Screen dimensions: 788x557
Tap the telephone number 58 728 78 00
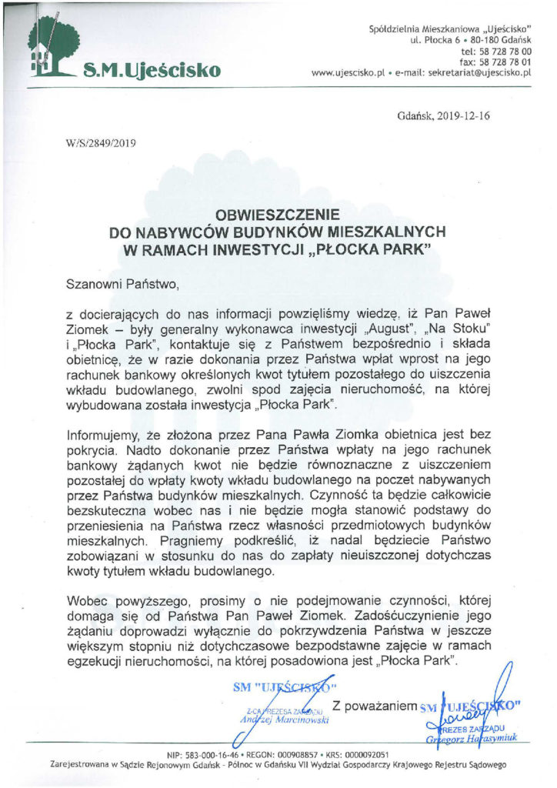[506, 51]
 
